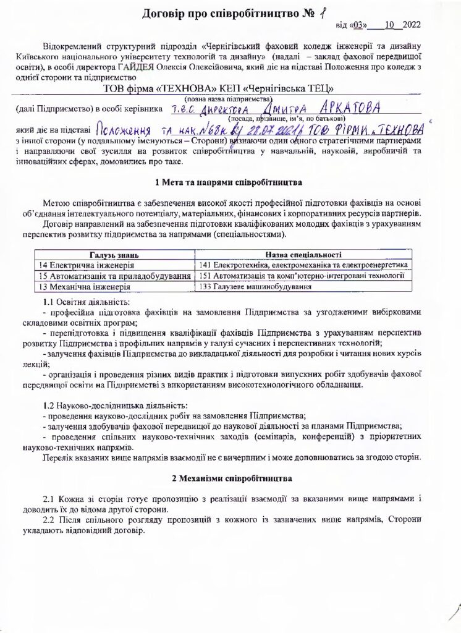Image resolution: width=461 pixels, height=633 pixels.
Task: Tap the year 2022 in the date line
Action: click(x=411, y=25)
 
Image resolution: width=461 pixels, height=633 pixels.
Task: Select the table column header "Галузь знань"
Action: click(x=114, y=255)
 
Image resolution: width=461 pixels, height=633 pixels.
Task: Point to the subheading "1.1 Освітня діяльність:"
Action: click(x=87, y=302)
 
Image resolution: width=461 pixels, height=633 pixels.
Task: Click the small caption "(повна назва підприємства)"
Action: click(x=229, y=98)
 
